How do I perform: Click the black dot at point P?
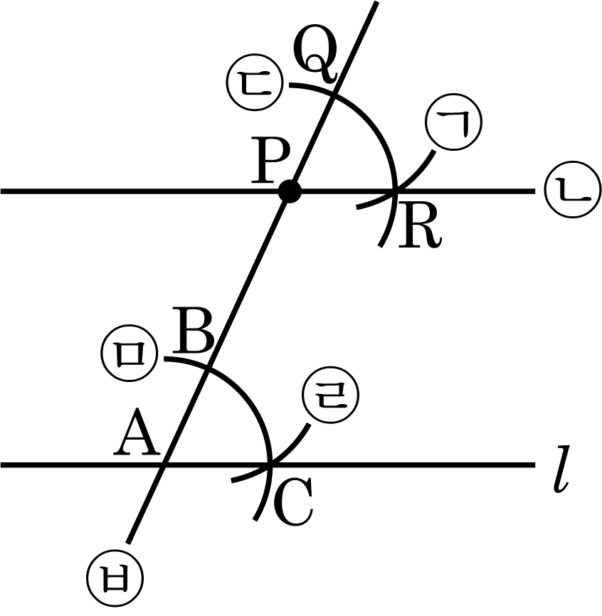(x=289, y=191)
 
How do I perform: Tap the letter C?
(x=292, y=502)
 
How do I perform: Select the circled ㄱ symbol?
(x=454, y=122)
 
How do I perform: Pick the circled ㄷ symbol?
(x=255, y=82)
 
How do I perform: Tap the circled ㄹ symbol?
(x=330, y=395)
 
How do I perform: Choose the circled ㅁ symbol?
(x=130, y=353)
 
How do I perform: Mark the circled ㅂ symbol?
(x=115, y=579)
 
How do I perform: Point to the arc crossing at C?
(x=270, y=465)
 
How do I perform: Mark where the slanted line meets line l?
(x=165, y=465)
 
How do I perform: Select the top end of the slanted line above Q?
(x=377, y=2)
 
